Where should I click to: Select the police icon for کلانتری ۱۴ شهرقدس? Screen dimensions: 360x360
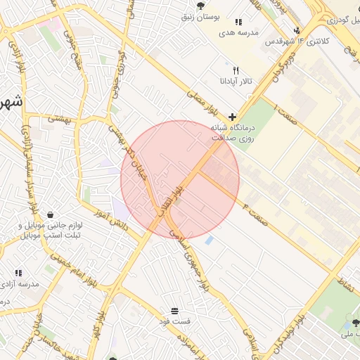pos(297,30)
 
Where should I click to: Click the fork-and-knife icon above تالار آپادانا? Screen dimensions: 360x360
pos(236,70)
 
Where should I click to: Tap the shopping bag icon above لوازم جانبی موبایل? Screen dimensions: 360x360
pos(50,214)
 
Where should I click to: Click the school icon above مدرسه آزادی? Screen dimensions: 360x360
pos(18,272)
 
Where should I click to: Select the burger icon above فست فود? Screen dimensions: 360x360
pos(174,311)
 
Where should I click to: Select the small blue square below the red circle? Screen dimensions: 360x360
pos(209,240)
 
